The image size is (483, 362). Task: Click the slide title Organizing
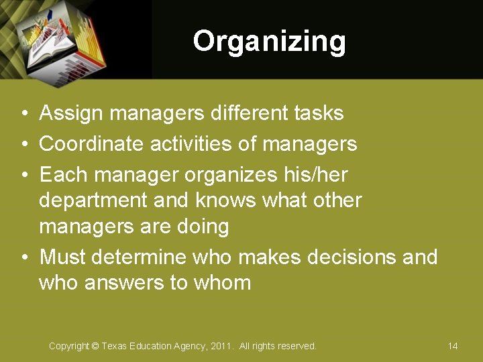coord(269,42)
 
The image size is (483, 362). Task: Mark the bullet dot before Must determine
coord(23,257)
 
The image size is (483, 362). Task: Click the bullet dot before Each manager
coord(23,175)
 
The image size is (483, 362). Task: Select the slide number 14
coord(453,346)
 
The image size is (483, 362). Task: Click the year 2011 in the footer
coord(221,346)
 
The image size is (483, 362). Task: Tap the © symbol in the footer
coord(95,346)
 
